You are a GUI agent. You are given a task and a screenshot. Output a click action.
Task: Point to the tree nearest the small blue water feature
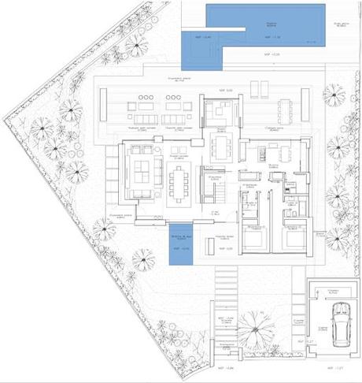(x=144, y=257)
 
